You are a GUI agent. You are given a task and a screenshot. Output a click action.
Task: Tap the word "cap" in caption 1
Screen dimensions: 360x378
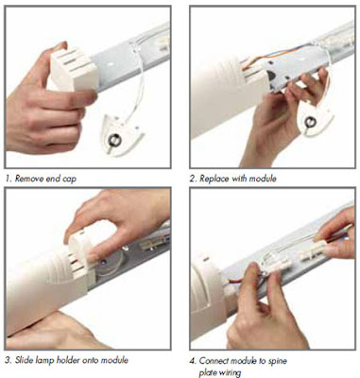pyautogui.click(x=69, y=180)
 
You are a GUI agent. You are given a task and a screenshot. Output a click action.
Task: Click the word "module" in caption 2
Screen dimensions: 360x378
pyautogui.click(x=263, y=179)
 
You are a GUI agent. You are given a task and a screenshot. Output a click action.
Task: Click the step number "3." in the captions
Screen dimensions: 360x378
pyautogui.click(x=9, y=360)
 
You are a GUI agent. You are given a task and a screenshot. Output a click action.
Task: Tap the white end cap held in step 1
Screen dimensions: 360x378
pyautogui.click(x=73, y=70)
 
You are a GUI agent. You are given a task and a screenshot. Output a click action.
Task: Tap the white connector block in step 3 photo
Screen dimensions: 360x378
pyautogui.click(x=153, y=242)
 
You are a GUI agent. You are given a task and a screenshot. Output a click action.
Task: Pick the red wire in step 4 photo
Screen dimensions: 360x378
pyautogui.click(x=233, y=280)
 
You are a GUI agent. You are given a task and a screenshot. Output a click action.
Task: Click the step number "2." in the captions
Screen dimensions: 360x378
pyautogui.click(x=193, y=179)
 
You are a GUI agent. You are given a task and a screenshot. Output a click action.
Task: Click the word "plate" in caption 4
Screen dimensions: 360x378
pyautogui.click(x=207, y=373)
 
